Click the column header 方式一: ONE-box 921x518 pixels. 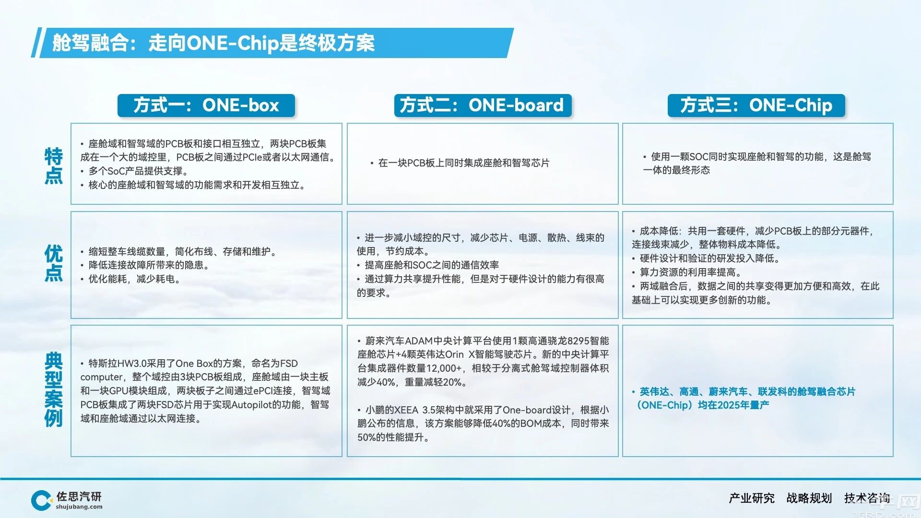coord(206,106)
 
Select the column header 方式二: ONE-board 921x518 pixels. coord(483,106)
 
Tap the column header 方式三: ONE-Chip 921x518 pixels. coord(756,106)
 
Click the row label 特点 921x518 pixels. coord(54,166)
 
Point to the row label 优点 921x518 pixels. coord(54,263)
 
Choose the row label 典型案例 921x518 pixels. coord(54,389)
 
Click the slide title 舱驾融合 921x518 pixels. coord(90,43)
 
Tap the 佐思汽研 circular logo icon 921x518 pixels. coord(41,500)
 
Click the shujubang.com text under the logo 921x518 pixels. coord(79,507)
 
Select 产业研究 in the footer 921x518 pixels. coord(752,498)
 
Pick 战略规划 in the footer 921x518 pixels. coord(809,498)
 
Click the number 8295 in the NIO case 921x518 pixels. coord(578,341)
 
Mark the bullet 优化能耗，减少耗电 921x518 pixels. coord(130,279)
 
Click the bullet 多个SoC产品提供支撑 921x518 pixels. coord(135,171)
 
